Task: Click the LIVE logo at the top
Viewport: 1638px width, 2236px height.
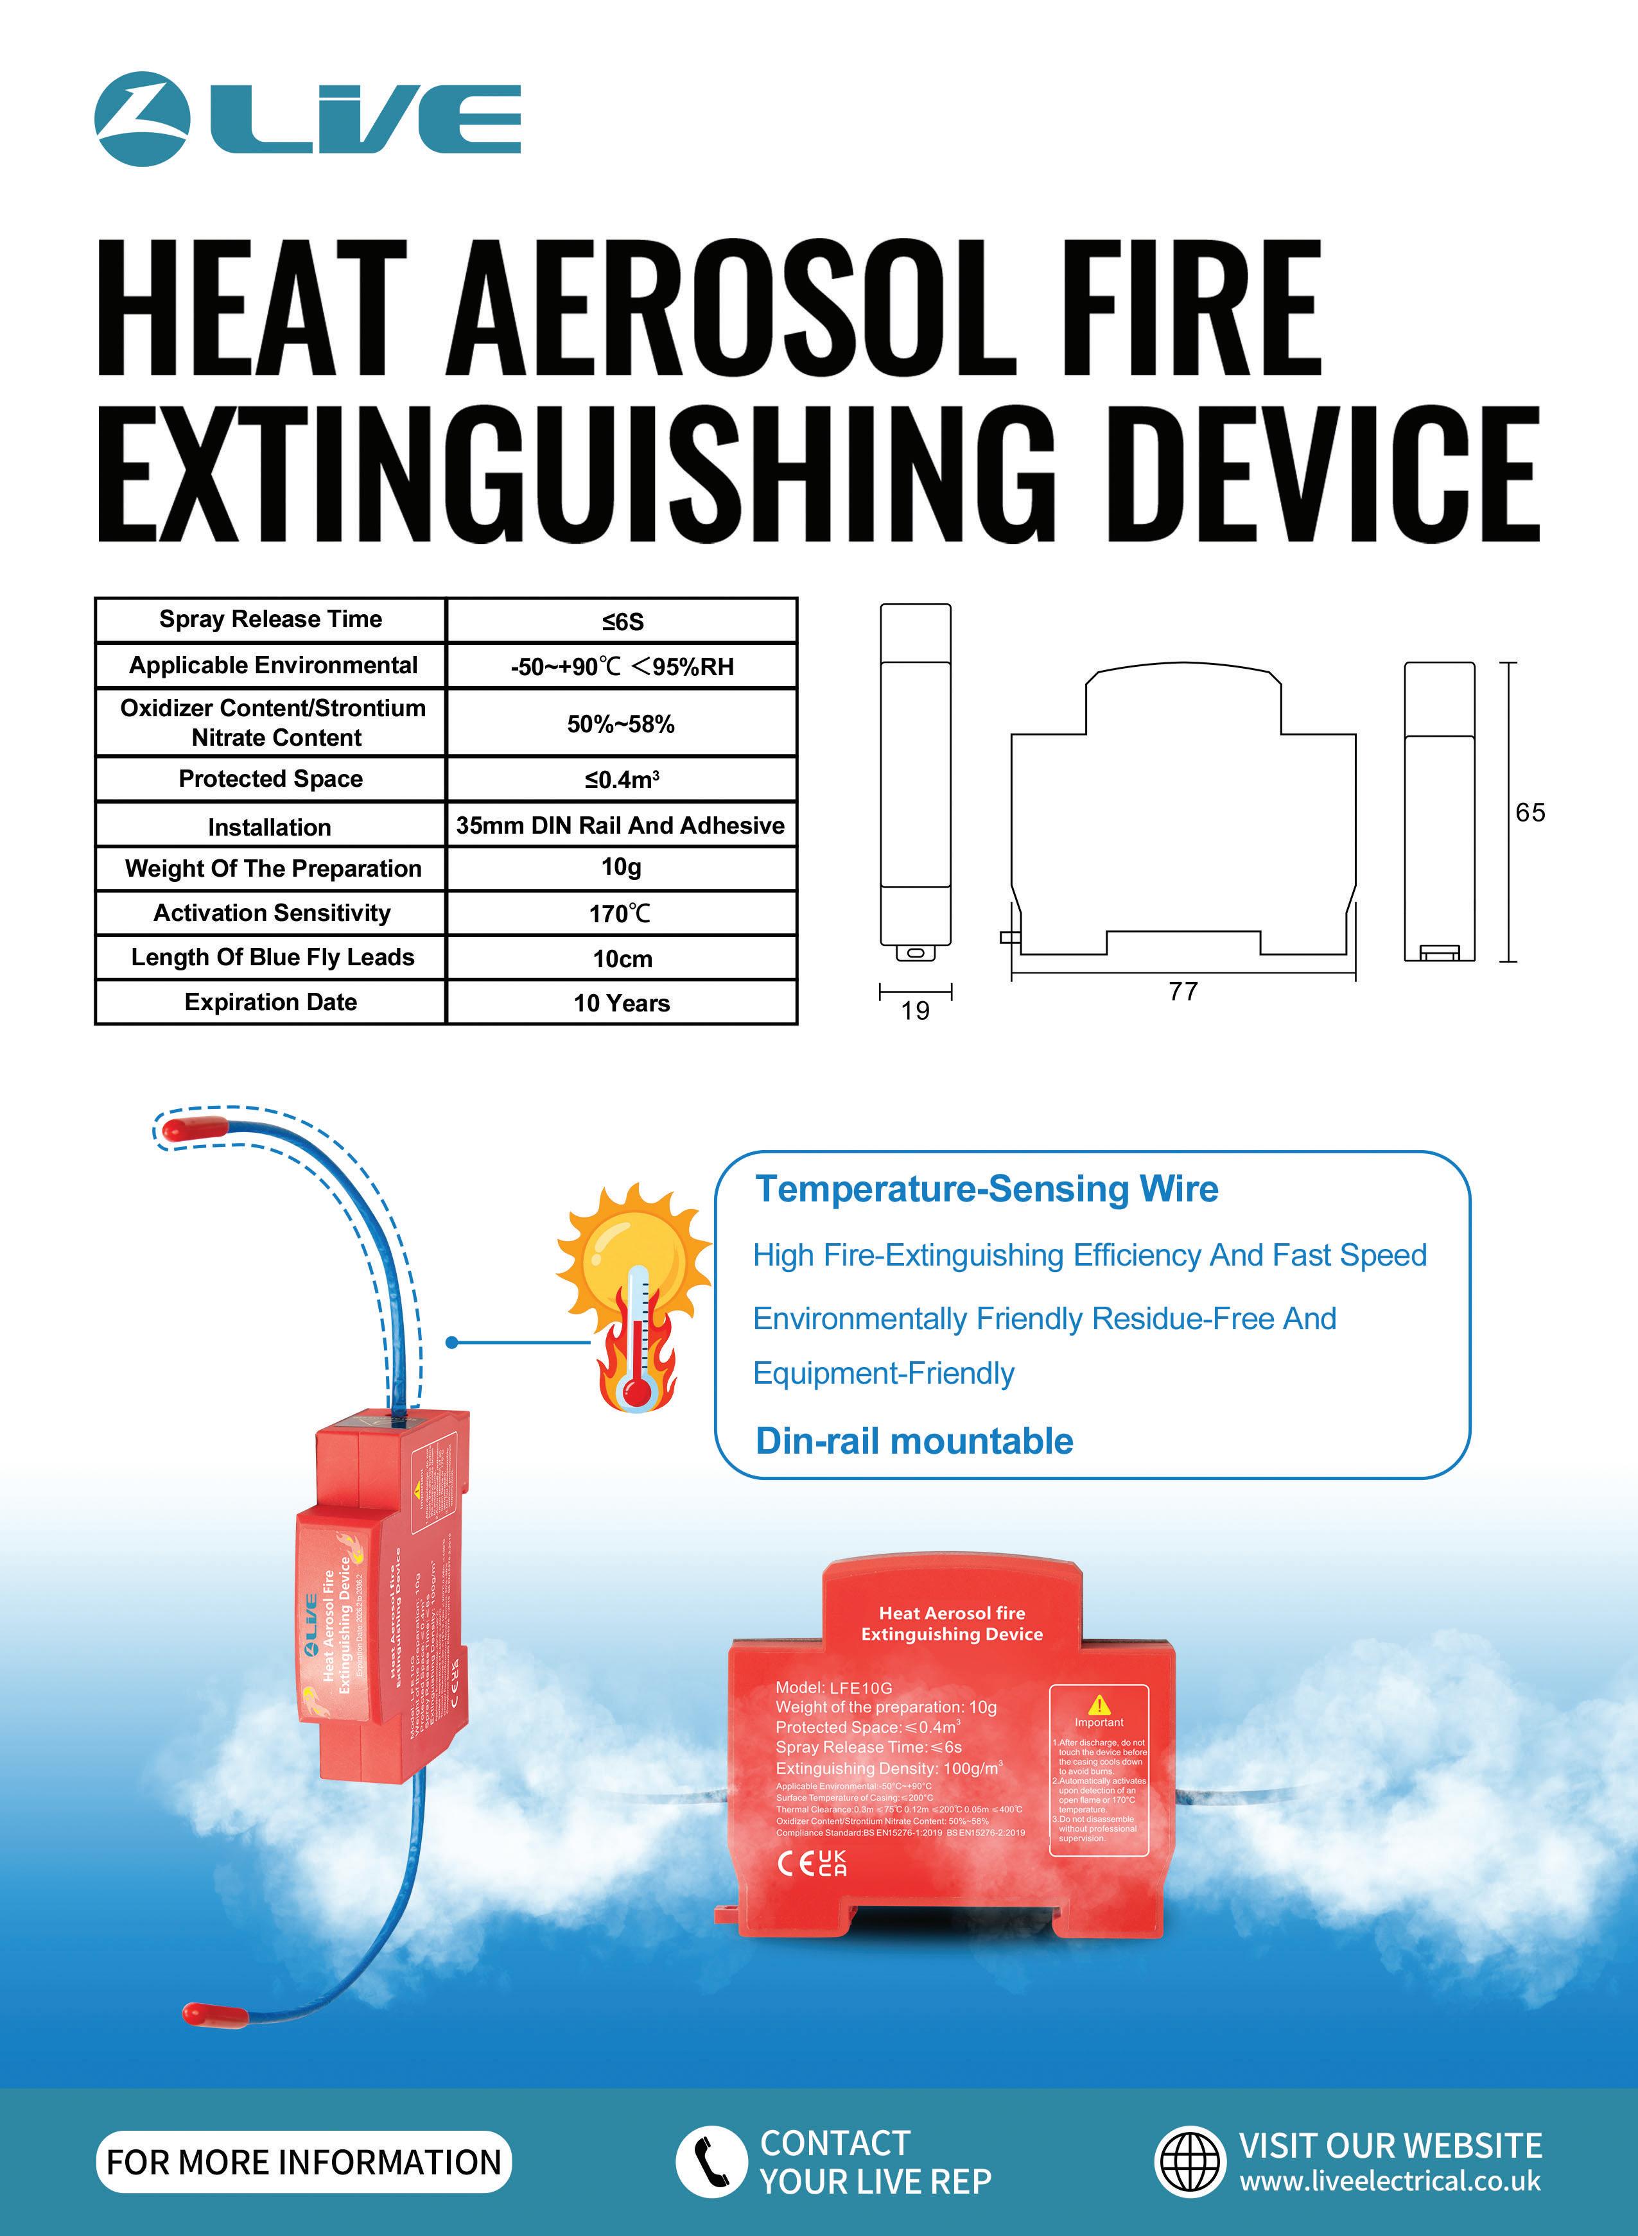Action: coord(308,118)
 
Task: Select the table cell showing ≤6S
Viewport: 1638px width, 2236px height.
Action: coord(622,621)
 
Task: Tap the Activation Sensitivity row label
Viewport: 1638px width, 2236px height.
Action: coord(272,913)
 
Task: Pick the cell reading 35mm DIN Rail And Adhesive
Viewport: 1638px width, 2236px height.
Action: coord(621,825)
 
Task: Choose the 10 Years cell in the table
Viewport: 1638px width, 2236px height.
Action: coord(622,1003)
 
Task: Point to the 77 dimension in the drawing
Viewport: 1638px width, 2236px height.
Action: coord(1183,991)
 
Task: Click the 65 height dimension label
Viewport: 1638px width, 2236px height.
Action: coord(1530,813)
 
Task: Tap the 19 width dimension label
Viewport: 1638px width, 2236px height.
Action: coord(915,1011)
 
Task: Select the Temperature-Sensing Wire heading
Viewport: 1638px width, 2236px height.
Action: coord(986,1189)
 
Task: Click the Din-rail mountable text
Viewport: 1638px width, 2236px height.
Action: coord(914,1441)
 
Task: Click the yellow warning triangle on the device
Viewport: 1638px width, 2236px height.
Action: coord(1099,1705)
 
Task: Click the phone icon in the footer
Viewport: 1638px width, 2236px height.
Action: coord(711,2162)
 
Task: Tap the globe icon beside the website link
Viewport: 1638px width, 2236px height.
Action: coord(1191,2162)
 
